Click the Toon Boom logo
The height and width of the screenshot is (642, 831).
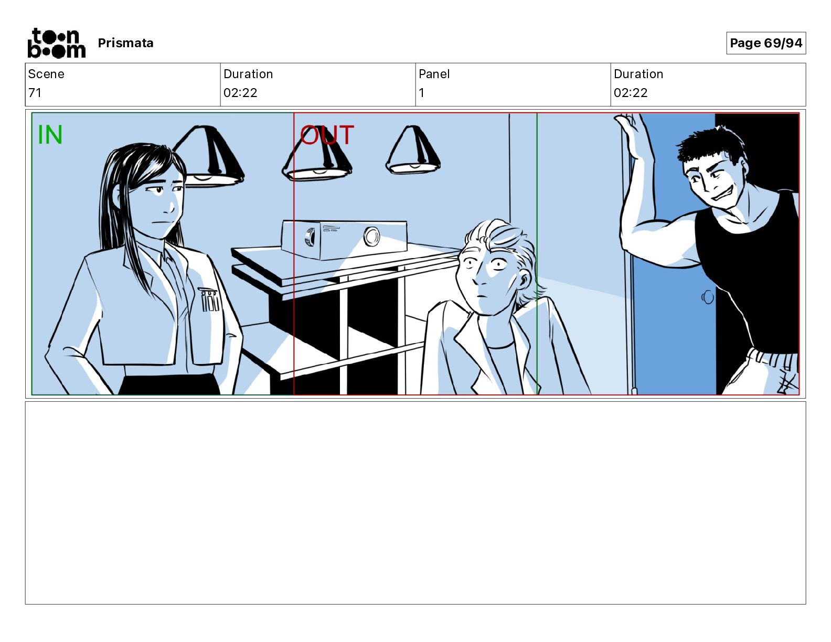click(57, 43)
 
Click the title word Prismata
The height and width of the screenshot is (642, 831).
click(125, 43)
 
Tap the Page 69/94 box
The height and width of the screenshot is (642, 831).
click(765, 43)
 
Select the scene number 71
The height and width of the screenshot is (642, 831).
click(35, 92)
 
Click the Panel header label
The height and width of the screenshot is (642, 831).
click(434, 74)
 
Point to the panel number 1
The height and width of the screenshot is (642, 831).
click(421, 92)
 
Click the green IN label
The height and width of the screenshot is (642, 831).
click(50, 135)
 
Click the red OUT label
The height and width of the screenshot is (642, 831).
click(327, 135)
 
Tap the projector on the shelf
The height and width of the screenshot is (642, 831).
click(344, 239)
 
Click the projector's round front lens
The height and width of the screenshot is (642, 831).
click(371, 237)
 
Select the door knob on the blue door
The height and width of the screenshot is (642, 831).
click(708, 297)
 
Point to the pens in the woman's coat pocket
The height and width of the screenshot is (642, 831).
click(209, 299)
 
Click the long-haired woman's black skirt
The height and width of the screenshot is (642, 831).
click(169, 384)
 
